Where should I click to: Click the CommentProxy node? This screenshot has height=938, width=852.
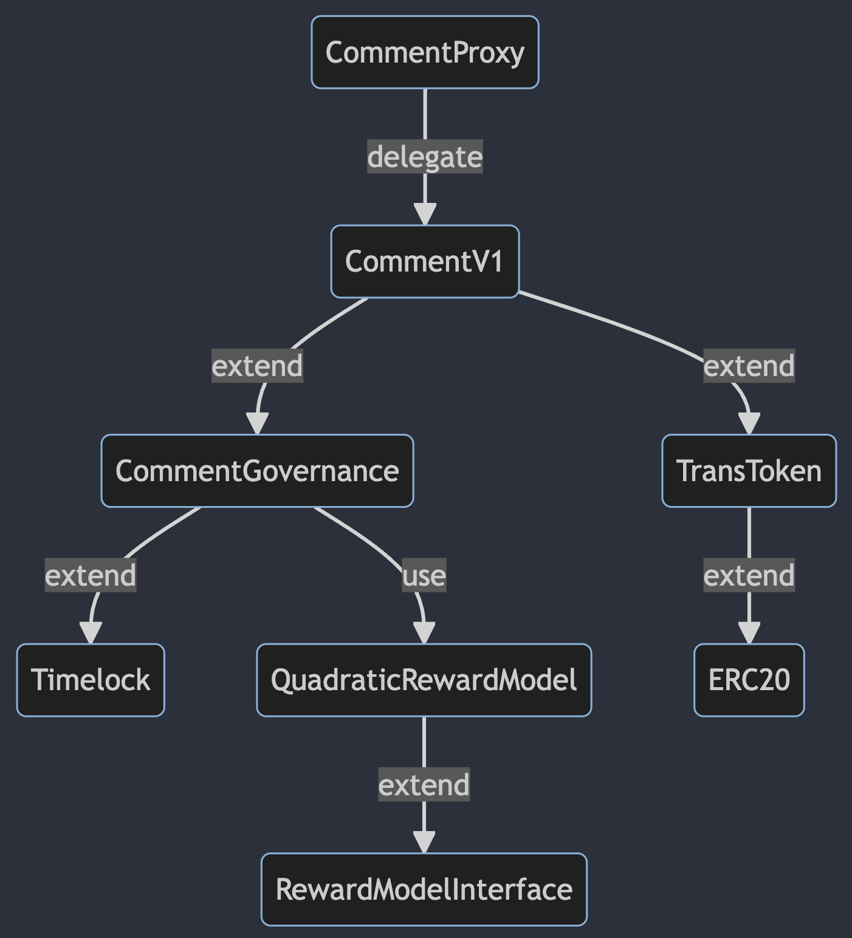425,52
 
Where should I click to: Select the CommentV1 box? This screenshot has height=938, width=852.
425,261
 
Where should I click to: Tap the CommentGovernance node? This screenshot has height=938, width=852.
257,471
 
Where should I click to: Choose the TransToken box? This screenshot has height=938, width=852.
749,471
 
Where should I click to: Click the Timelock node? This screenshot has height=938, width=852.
91,680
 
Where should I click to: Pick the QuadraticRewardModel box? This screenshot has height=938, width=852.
424,680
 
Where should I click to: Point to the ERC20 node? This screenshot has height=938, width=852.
749,680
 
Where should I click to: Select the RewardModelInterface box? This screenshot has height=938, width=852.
424,889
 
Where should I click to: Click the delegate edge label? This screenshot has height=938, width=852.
425,157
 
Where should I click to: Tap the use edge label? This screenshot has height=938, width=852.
424,575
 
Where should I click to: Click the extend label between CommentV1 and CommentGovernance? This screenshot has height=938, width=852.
257,366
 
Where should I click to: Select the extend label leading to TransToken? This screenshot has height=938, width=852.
749,366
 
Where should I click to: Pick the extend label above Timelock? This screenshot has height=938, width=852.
91,575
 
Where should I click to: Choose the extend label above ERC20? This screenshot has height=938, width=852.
749,575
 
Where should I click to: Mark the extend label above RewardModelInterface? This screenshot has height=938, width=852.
424,785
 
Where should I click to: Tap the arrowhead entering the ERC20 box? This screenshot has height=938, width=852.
749,633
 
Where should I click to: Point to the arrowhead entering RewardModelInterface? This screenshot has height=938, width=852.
424,843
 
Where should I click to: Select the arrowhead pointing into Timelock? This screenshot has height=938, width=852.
91,633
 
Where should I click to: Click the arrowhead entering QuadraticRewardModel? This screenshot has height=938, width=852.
424,633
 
